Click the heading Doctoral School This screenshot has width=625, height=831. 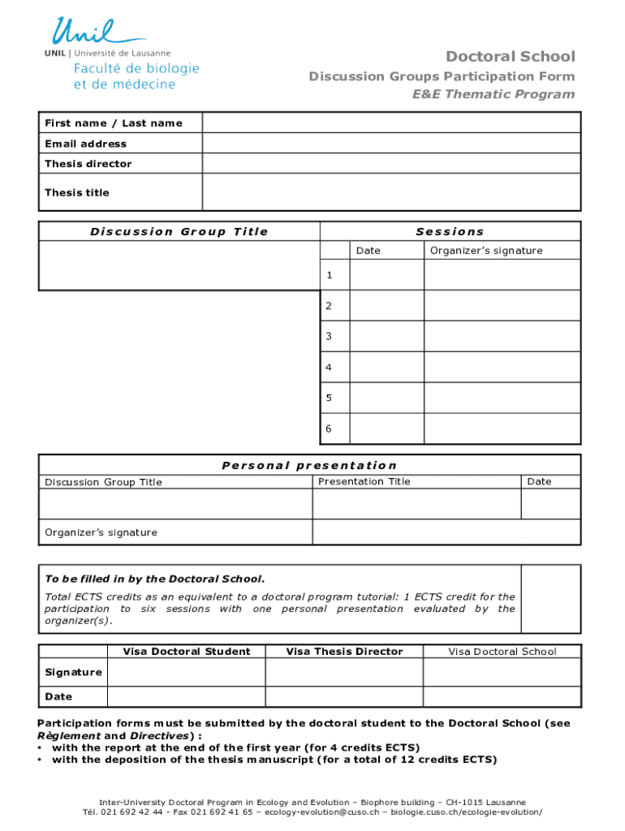click(510, 56)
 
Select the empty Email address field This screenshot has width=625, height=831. click(391, 144)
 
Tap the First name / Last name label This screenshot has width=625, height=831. click(114, 123)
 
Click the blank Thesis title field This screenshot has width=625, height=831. click(391, 192)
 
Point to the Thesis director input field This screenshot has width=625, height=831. click(391, 164)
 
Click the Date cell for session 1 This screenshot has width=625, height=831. click(386, 275)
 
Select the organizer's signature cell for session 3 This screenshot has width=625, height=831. click(502, 336)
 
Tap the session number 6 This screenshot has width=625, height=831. click(329, 428)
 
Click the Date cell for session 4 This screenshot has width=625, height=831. click(386, 367)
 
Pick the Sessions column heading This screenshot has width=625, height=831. click(450, 231)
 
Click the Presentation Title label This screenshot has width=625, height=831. click(364, 481)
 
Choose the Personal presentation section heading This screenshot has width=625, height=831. click(309, 465)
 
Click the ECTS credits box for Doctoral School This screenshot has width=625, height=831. click(550, 599)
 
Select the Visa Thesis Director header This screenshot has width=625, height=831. click(345, 651)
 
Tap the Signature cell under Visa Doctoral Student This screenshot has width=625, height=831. click(186, 672)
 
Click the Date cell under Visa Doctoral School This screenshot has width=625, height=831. click(502, 696)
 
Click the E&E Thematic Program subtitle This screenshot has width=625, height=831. click(494, 94)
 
